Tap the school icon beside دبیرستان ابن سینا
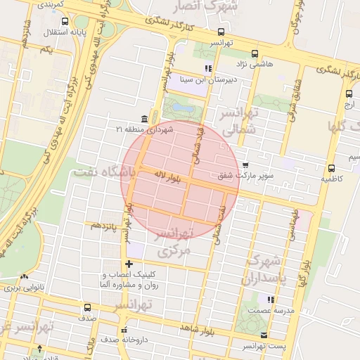[x=208, y=69]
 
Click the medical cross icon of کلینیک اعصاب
[x=129, y=264]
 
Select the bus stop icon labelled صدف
[x=87, y=307]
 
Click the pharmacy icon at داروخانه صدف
[x=124, y=330]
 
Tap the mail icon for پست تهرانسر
[x=264, y=335]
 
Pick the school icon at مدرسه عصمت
[x=270, y=300]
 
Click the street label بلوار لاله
[x=168, y=176]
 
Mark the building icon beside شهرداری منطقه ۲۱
[x=144, y=118]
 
